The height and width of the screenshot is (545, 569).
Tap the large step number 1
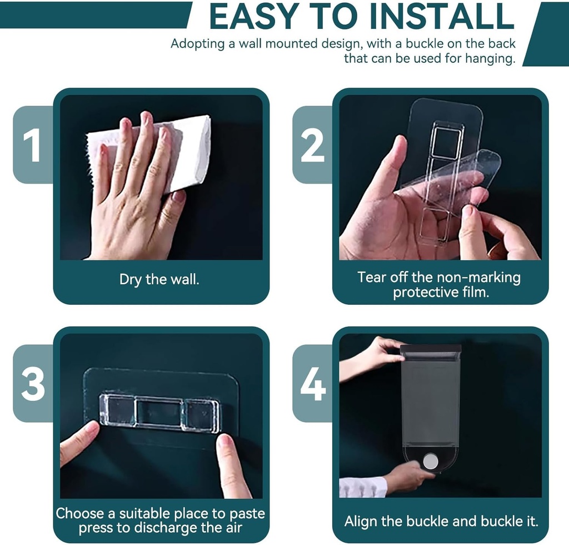pyautogui.click(x=32, y=144)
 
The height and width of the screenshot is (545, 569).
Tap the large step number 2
pyautogui.click(x=312, y=144)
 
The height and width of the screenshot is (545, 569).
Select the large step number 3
pyautogui.click(x=33, y=383)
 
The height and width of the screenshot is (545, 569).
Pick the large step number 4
pyautogui.click(x=313, y=383)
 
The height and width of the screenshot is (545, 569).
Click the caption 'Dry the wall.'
pyautogui.click(x=159, y=279)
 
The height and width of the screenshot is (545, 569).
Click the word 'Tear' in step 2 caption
pyautogui.click(x=371, y=277)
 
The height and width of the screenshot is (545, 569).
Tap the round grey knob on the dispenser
pyautogui.click(x=431, y=461)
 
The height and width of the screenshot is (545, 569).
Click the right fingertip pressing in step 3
pyautogui.click(x=225, y=442)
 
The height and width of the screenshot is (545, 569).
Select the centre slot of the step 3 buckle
pyautogui.click(x=159, y=413)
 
